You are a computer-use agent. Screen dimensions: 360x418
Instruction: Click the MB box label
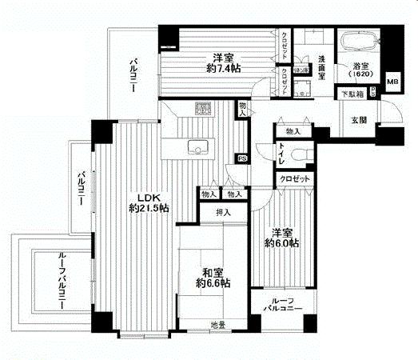[392, 81]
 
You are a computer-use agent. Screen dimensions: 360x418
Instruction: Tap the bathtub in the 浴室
[359, 41]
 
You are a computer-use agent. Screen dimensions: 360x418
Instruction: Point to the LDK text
[147, 197]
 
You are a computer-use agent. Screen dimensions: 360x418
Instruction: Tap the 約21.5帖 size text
[148, 209]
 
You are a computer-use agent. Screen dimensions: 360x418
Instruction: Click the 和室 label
[211, 271]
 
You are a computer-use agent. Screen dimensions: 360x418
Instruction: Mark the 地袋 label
[217, 326]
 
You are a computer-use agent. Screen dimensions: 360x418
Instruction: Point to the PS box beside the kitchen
[241, 158]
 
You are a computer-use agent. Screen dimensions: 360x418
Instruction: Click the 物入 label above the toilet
[292, 130]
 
